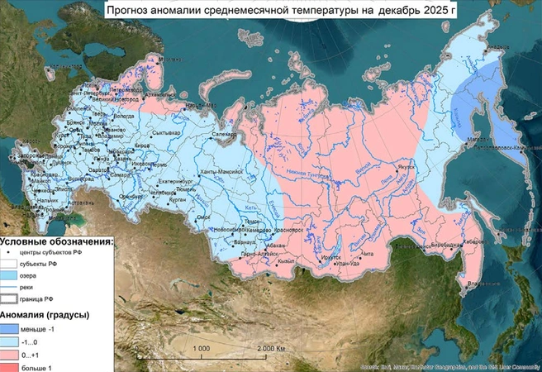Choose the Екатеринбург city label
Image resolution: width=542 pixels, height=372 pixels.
coord(174,179)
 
